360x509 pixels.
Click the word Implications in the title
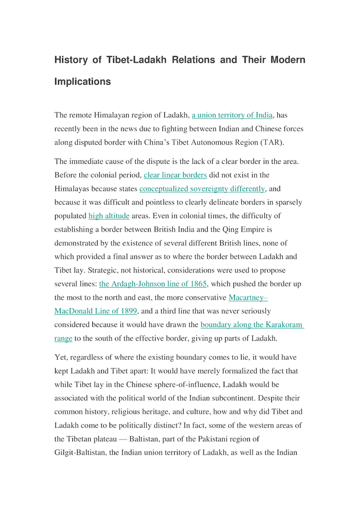click(x=83, y=82)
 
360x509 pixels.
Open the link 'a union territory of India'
click(x=232, y=115)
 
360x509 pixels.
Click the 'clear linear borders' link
click(x=175, y=175)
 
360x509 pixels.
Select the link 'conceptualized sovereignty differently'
click(x=202, y=189)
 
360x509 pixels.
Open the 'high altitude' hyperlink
click(x=109, y=216)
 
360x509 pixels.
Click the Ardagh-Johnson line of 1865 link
click(x=153, y=284)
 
